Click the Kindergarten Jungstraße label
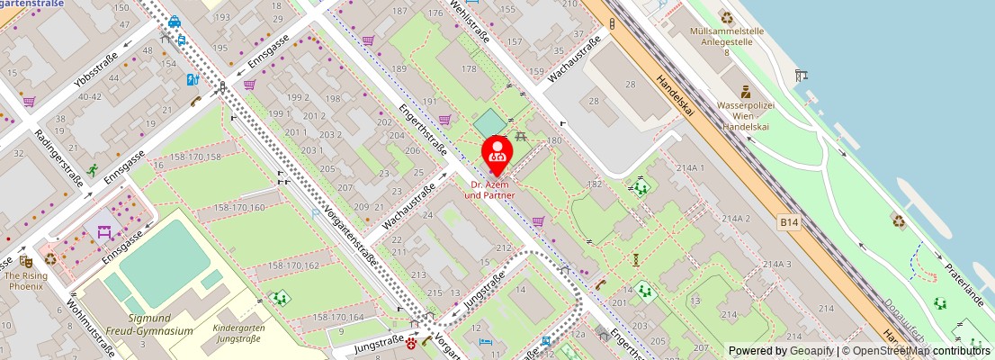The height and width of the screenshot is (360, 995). point(238,334)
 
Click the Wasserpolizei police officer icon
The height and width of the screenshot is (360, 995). point(746,91)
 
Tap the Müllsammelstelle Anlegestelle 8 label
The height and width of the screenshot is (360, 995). point(727,41)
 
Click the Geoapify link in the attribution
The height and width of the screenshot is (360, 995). point(812,351)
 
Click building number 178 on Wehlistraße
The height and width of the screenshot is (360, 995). point(469,68)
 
